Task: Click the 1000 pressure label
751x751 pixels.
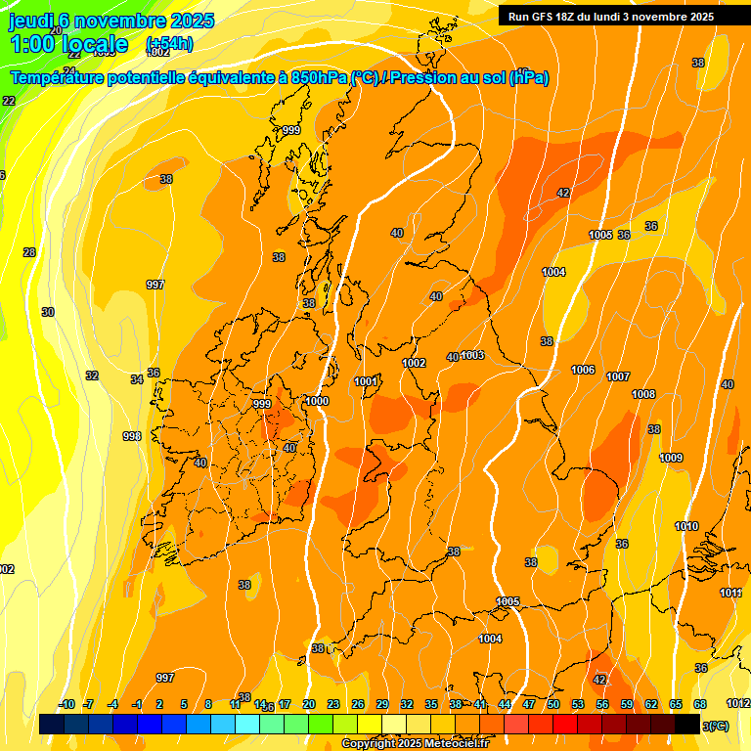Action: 317,401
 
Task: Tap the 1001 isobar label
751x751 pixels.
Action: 367,381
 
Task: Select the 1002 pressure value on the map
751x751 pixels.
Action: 415,363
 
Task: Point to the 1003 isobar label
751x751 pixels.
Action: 473,355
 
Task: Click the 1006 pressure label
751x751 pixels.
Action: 584,370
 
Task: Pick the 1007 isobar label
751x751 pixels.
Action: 618,376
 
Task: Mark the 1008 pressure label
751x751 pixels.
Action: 643,394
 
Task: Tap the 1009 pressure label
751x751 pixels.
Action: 671,458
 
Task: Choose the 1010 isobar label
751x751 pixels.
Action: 686,527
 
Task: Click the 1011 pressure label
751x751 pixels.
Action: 730,593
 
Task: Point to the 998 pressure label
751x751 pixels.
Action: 132,436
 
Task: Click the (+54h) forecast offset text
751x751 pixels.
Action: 169,43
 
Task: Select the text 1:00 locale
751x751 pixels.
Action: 68,44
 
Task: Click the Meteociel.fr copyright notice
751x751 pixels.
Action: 415,744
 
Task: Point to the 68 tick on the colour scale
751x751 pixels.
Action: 700,704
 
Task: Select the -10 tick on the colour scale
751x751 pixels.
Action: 66,704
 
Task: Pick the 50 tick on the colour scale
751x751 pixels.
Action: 553,704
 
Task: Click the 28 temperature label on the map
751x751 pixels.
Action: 29,252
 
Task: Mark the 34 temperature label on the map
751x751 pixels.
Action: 137,379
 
